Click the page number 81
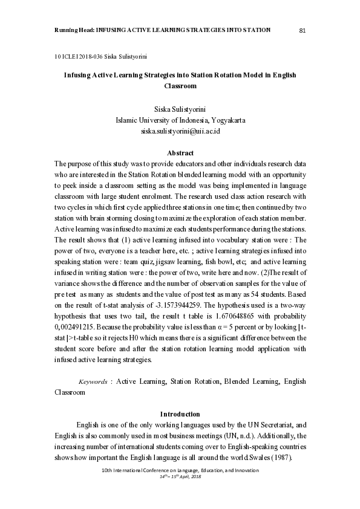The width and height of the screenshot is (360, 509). (303, 30)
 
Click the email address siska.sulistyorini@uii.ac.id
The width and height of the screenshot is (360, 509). (180, 130)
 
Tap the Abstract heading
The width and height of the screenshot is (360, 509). (180, 153)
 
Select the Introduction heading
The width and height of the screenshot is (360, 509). (180, 414)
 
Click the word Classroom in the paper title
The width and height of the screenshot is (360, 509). (180, 86)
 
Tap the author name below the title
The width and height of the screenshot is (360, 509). (180, 109)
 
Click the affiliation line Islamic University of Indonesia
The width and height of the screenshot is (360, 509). (180, 120)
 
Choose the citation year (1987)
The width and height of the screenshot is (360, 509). (283, 458)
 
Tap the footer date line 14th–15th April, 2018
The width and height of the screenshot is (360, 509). (180, 476)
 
